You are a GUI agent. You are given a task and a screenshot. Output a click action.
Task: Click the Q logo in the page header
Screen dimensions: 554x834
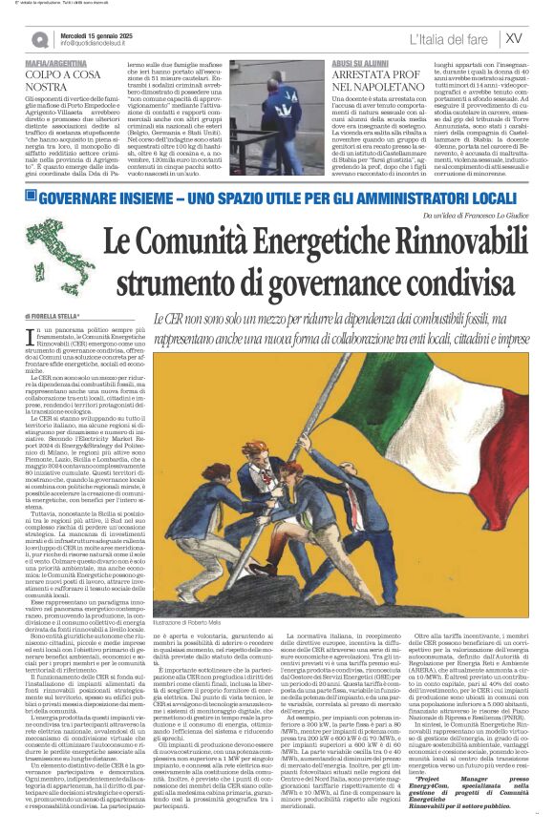point(40,39)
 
